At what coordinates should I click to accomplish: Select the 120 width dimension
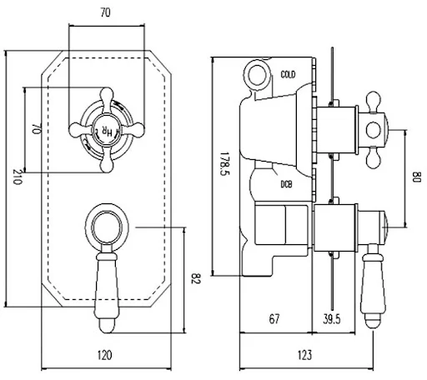pyautogui.click(x=105, y=355)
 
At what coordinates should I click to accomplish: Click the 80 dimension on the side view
pyautogui.click(x=416, y=177)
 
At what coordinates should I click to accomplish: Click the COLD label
pyautogui.click(x=289, y=75)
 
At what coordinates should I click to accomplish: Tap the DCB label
pyautogui.click(x=285, y=184)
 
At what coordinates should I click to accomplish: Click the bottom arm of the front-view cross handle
pyautogui.click(x=106, y=163)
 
